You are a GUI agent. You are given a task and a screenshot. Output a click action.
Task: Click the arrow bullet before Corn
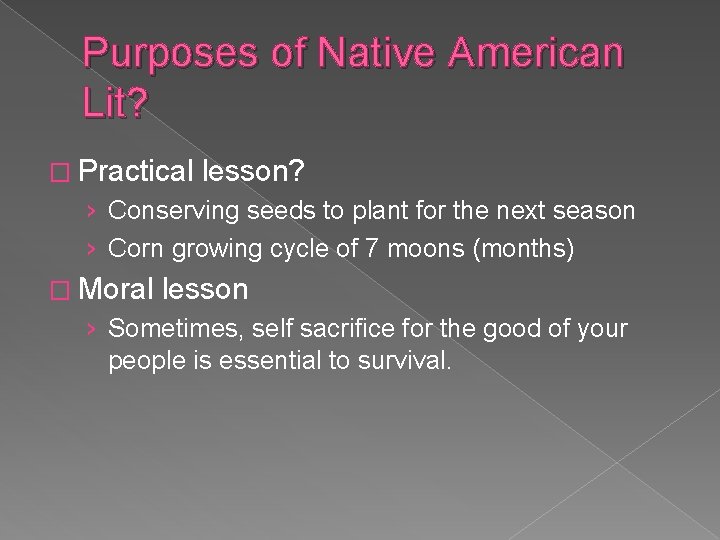coord(92,248)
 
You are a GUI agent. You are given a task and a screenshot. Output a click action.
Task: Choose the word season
coord(598,211)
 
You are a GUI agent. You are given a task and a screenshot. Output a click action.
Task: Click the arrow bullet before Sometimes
coord(92,328)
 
